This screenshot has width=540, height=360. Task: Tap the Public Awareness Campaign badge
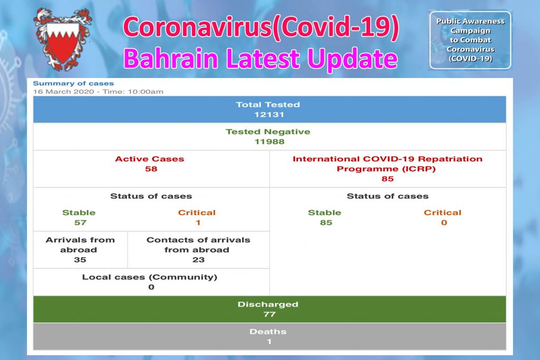click(x=470, y=40)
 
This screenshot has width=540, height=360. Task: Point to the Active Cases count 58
click(x=151, y=169)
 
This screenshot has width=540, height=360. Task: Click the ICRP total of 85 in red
click(x=388, y=179)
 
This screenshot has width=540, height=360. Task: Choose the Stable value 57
click(x=79, y=222)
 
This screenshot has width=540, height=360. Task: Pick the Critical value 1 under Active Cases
click(x=197, y=222)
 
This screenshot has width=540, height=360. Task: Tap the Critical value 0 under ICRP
click(x=443, y=222)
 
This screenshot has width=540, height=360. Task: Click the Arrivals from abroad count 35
click(x=80, y=260)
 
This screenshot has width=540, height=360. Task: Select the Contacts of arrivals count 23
click(x=198, y=260)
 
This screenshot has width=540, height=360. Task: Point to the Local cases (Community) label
click(x=150, y=277)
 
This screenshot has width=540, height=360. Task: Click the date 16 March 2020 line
click(x=98, y=92)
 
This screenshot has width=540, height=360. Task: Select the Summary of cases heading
click(x=73, y=83)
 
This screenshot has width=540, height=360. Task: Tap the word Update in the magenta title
click(x=353, y=59)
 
